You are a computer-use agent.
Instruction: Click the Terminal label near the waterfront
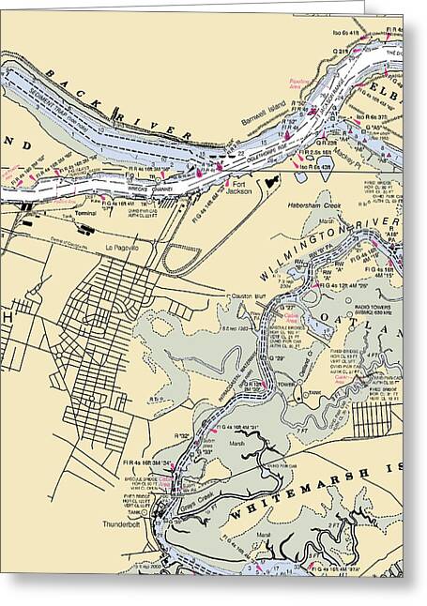(x=85, y=215)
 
